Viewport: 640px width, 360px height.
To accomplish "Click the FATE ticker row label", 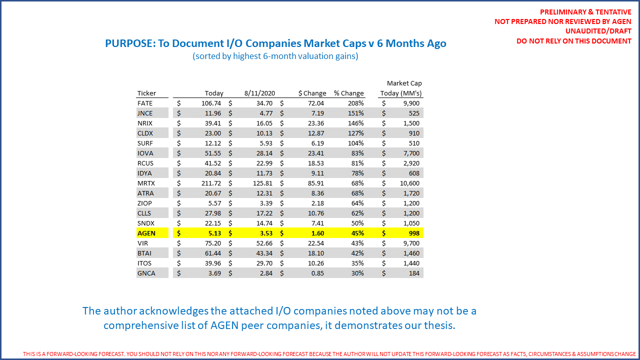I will click(x=145, y=103).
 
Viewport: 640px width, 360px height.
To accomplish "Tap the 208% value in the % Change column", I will click(x=356, y=103).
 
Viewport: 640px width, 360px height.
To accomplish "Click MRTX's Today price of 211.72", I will click(x=210, y=183).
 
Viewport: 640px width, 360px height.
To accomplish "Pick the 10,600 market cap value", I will click(x=409, y=183).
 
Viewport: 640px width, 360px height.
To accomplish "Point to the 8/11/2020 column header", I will click(x=260, y=93).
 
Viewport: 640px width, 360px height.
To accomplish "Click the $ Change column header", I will click(x=312, y=93).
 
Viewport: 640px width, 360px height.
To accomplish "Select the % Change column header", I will click(x=349, y=93).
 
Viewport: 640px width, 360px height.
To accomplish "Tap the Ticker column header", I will click(x=146, y=93).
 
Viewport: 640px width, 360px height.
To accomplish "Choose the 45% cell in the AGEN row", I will click(x=357, y=233).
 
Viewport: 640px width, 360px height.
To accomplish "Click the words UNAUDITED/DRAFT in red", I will click(x=599, y=31).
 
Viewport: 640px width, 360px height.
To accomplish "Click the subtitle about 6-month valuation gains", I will click(x=275, y=56).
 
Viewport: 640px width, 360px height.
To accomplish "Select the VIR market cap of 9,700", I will click(x=411, y=243).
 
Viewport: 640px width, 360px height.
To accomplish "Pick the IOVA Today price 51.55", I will click(x=212, y=153).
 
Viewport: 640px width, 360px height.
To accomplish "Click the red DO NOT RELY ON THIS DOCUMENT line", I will click(x=573, y=41).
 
